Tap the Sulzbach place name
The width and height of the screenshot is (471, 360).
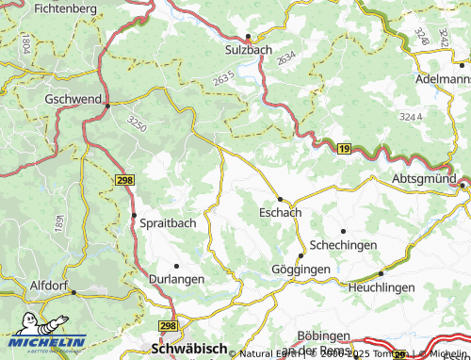click(x=247, y=49)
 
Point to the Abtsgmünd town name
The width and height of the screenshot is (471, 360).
click(x=424, y=178)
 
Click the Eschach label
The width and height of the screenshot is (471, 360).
click(x=280, y=213)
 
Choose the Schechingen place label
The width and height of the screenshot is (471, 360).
click(x=345, y=244)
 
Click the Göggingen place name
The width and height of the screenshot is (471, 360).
click(x=301, y=270)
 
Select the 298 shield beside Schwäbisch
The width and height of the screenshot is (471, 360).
click(x=168, y=325)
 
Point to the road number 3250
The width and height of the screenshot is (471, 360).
click(x=138, y=123)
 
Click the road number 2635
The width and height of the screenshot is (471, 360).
click(x=224, y=81)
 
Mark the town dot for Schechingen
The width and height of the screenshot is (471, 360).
click(x=343, y=231)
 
